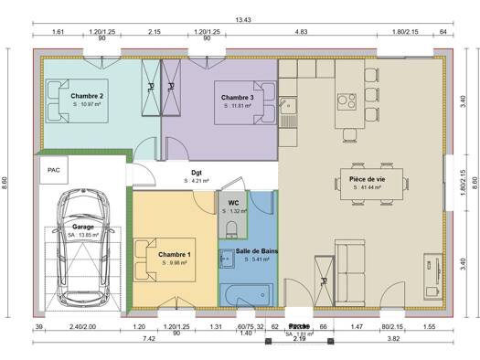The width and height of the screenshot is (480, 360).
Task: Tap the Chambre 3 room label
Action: coord(237,97)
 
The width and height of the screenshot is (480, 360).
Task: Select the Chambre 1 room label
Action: coord(174,254)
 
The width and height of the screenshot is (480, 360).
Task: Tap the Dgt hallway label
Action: coord(197,172)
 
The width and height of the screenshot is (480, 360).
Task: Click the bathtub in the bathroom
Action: coord(248,294)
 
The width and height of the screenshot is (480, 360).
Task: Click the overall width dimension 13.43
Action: coord(243,20)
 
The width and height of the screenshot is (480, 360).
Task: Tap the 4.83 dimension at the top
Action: coord(300,32)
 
